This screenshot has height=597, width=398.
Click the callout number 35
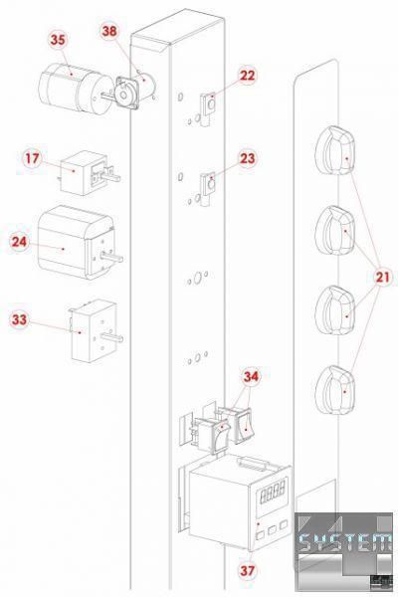58,39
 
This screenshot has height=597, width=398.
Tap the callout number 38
109,31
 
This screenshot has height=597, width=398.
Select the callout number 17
32,158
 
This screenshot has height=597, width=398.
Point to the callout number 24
19,242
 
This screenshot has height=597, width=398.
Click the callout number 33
19,319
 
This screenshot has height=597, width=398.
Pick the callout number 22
247,76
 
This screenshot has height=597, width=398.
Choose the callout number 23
247,158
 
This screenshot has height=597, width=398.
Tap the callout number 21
383,277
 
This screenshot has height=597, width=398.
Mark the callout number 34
251,376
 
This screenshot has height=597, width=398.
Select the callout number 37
247,570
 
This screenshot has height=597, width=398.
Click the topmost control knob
335,151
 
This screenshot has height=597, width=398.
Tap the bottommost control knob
335,390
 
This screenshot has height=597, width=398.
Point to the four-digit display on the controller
273,490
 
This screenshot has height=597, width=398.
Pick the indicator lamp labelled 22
208,107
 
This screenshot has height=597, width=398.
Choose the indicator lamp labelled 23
208,189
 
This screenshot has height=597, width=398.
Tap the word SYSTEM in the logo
344,542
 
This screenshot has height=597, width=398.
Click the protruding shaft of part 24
111,258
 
